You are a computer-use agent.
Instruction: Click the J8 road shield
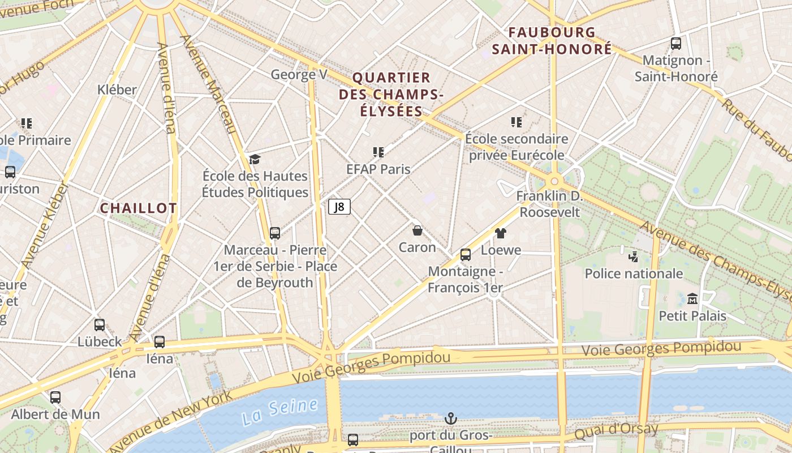click(339, 207)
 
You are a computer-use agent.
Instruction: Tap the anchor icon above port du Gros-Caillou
click(450, 418)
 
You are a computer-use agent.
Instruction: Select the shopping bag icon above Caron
click(417, 230)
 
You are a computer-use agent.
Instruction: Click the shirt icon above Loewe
click(501, 233)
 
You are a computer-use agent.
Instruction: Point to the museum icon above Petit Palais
click(692, 298)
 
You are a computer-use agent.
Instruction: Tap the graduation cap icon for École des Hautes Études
click(255, 159)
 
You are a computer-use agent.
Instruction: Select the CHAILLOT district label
click(139, 208)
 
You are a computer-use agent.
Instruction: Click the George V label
click(299, 74)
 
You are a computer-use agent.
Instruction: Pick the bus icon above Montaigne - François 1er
click(465, 255)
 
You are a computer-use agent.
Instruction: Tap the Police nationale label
click(634, 273)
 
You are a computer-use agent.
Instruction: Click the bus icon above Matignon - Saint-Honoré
click(675, 44)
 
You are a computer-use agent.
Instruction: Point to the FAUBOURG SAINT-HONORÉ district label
click(552, 41)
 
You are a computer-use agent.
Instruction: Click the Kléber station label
click(117, 89)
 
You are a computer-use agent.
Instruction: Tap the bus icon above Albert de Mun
click(55, 398)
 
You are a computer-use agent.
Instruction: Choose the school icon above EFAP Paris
click(378, 152)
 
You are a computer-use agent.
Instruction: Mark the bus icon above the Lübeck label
click(100, 325)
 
